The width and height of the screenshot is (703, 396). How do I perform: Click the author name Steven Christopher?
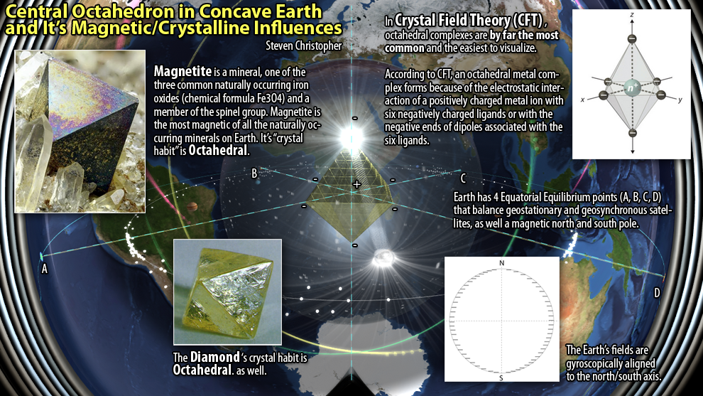click(303, 46)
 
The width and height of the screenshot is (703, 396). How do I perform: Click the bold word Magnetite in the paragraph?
click(182, 71)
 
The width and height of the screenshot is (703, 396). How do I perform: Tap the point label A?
click(45, 269)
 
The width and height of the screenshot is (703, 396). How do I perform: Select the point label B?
click(254, 173)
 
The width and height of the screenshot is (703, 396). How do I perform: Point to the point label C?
click(463, 178)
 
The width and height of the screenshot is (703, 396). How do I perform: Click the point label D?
click(657, 293)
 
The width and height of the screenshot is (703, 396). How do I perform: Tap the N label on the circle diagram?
click(502, 263)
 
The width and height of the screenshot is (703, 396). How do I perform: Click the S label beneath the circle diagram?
click(501, 378)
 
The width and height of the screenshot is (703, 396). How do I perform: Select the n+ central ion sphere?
click(632, 87)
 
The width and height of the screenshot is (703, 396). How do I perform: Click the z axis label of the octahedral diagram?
click(632, 15)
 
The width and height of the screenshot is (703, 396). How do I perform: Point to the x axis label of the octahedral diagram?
click(582, 100)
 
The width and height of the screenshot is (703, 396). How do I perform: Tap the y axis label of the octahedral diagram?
click(680, 100)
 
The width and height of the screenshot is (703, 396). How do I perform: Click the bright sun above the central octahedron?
click(351, 137)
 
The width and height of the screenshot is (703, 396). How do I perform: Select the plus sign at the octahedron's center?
click(357, 184)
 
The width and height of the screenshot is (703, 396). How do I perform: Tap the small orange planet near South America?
click(192, 206)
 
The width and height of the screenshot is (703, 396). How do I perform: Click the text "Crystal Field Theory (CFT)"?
click(469, 20)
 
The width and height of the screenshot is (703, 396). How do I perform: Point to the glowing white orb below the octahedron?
click(383, 257)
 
